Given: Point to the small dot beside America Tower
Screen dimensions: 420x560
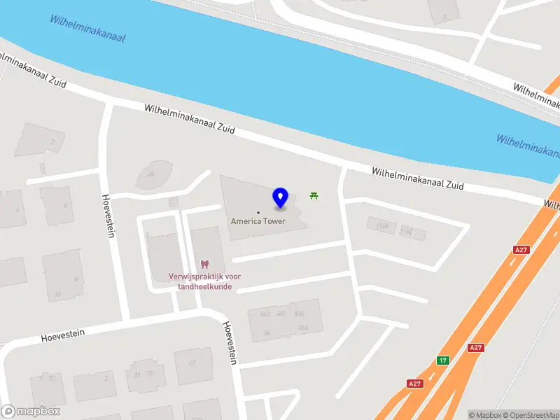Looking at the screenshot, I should pyautogui.click(x=258, y=212).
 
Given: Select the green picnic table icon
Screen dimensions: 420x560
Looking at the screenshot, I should pyautogui.click(x=314, y=195).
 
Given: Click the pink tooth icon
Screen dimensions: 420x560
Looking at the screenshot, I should pyautogui.click(x=204, y=265).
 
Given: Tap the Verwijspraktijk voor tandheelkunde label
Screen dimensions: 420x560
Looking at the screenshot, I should pyautogui.click(x=204, y=281).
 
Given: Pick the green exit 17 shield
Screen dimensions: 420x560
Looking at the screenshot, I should pyautogui.click(x=442, y=360).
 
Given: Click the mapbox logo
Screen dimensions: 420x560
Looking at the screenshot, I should pyautogui.click(x=30, y=412).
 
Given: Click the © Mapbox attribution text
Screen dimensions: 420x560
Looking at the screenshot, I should pyautogui.click(x=485, y=415).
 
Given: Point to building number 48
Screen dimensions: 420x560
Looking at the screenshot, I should pyautogui.click(x=150, y=174).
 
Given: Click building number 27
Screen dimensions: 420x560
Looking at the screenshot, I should pyautogui.click(x=191, y=362).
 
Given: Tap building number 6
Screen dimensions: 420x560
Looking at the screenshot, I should pyautogui.click(x=66, y=205).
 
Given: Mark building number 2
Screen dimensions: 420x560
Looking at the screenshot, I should pyautogui.click(x=52, y=141).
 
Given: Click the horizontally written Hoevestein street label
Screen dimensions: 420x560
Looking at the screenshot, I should pyautogui.click(x=63, y=335).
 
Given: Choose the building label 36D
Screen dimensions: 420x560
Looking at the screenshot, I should pyautogui.click(x=265, y=314).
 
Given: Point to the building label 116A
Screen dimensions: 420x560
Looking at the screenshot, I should pyautogui.click(x=383, y=225).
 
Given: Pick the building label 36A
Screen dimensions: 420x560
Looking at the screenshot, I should pyautogui.click(x=303, y=327).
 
